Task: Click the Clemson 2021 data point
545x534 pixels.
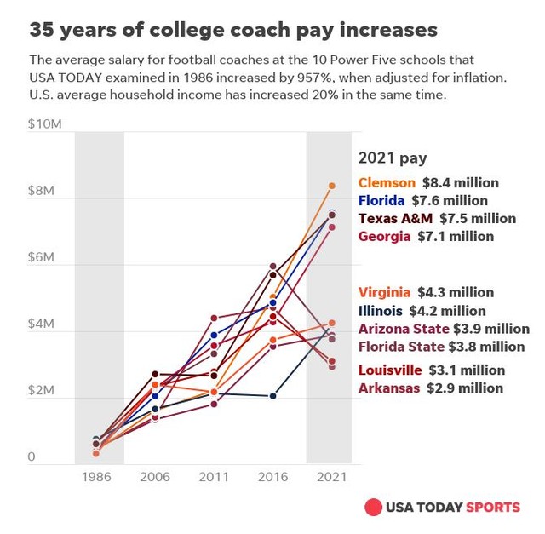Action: tap(332, 186)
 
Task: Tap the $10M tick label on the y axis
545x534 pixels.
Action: tap(44, 124)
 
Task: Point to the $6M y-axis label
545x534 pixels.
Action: tap(42, 257)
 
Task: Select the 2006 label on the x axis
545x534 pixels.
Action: tap(154, 477)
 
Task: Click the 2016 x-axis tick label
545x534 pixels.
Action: tap(272, 477)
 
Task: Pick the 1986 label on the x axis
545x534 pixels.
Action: tap(95, 477)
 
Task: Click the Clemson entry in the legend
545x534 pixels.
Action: tap(428, 182)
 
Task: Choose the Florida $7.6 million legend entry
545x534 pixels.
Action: tap(423, 200)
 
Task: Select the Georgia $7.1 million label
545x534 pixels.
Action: tap(426, 236)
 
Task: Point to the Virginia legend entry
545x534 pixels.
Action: tap(426, 292)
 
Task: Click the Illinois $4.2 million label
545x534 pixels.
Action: tap(422, 311)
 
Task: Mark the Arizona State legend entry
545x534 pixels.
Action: tap(444, 329)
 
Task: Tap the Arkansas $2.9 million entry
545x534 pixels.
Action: tap(430, 388)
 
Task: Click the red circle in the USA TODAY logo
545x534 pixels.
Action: tap(373, 508)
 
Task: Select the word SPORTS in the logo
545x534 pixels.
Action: tap(492, 508)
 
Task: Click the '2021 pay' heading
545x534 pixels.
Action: tap(393, 158)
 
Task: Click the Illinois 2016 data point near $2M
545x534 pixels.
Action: tap(272, 396)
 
